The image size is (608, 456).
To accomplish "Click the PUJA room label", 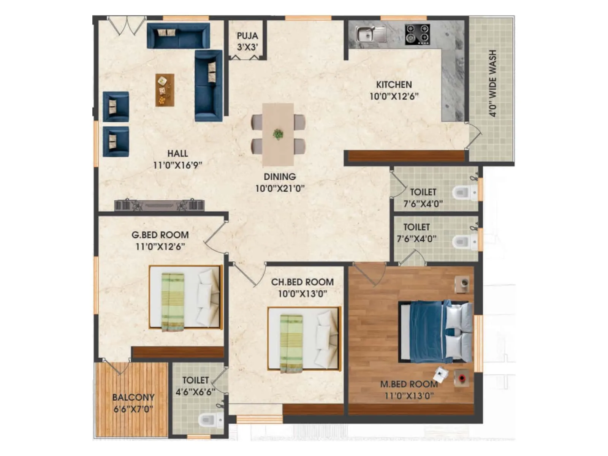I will [x=247, y=36].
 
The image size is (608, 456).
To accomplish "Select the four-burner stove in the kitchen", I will [x=417, y=34].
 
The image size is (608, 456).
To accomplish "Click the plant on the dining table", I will [x=278, y=134].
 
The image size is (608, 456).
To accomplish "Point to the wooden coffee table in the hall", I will [x=165, y=90].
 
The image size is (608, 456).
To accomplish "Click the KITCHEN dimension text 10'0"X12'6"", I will [x=394, y=96].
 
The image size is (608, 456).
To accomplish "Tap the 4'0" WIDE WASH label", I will [x=492, y=84].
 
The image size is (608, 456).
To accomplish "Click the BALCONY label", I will [x=133, y=397].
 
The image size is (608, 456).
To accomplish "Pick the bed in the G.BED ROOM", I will [x=185, y=298].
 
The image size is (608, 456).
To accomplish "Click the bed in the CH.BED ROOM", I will [x=304, y=339].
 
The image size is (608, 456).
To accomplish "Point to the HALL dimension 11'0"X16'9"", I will [x=177, y=165].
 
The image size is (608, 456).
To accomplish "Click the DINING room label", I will [x=280, y=177].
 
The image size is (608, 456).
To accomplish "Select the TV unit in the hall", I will [x=160, y=206].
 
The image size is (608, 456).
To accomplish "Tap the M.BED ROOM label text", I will [x=409, y=384].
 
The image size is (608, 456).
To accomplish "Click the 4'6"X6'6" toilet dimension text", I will [x=195, y=392].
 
